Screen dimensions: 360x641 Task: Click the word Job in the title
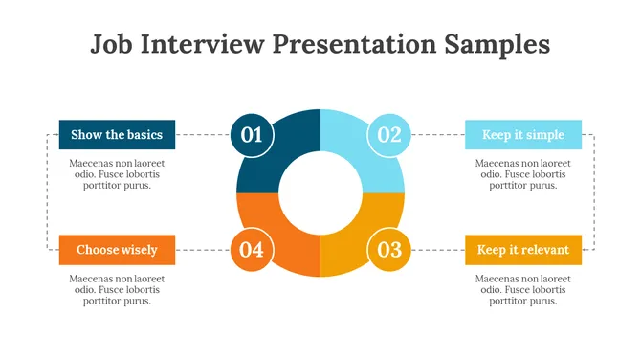(113, 44)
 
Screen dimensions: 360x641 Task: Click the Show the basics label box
(117, 135)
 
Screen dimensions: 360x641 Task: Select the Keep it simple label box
(522, 135)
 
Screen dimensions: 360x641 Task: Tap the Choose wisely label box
(117, 250)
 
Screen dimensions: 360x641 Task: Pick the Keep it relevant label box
(522, 250)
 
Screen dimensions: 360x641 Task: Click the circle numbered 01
(252, 135)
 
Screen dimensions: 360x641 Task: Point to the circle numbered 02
(389, 135)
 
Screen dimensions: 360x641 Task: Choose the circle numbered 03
(389, 250)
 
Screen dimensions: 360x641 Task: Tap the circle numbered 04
(252, 250)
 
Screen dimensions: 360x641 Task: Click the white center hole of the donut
(320, 192)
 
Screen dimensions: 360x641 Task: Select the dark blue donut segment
(287, 144)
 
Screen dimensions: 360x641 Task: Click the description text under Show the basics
(117, 174)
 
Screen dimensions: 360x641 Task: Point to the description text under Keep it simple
(522, 174)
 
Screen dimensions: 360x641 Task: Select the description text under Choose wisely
(117, 289)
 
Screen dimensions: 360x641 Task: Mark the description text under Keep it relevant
(522, 289)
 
